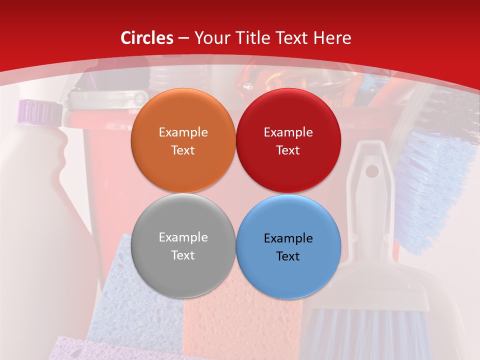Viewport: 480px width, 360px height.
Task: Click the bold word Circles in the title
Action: pyautogui.click(x=146, y=38)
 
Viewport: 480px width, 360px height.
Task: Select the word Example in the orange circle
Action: pyautogui.click(x=183, y=132)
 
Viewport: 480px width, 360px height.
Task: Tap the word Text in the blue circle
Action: pyautogui.click(x=288, y=256)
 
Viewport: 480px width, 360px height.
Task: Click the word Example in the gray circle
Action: pyautogui.click(x=183, y=237)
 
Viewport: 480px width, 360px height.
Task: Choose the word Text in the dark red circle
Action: pyautogui.click(x=288, y=150)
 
